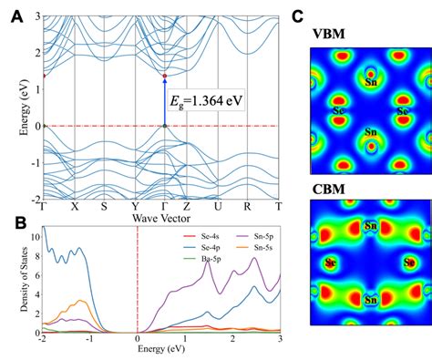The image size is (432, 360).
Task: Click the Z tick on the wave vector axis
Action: pyautogui.click(x=188, y=206)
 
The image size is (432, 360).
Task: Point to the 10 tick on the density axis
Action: pyautogui.click(x=35, y=236)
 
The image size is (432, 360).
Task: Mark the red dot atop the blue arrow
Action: pyautogui.click(x=164, y=76)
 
